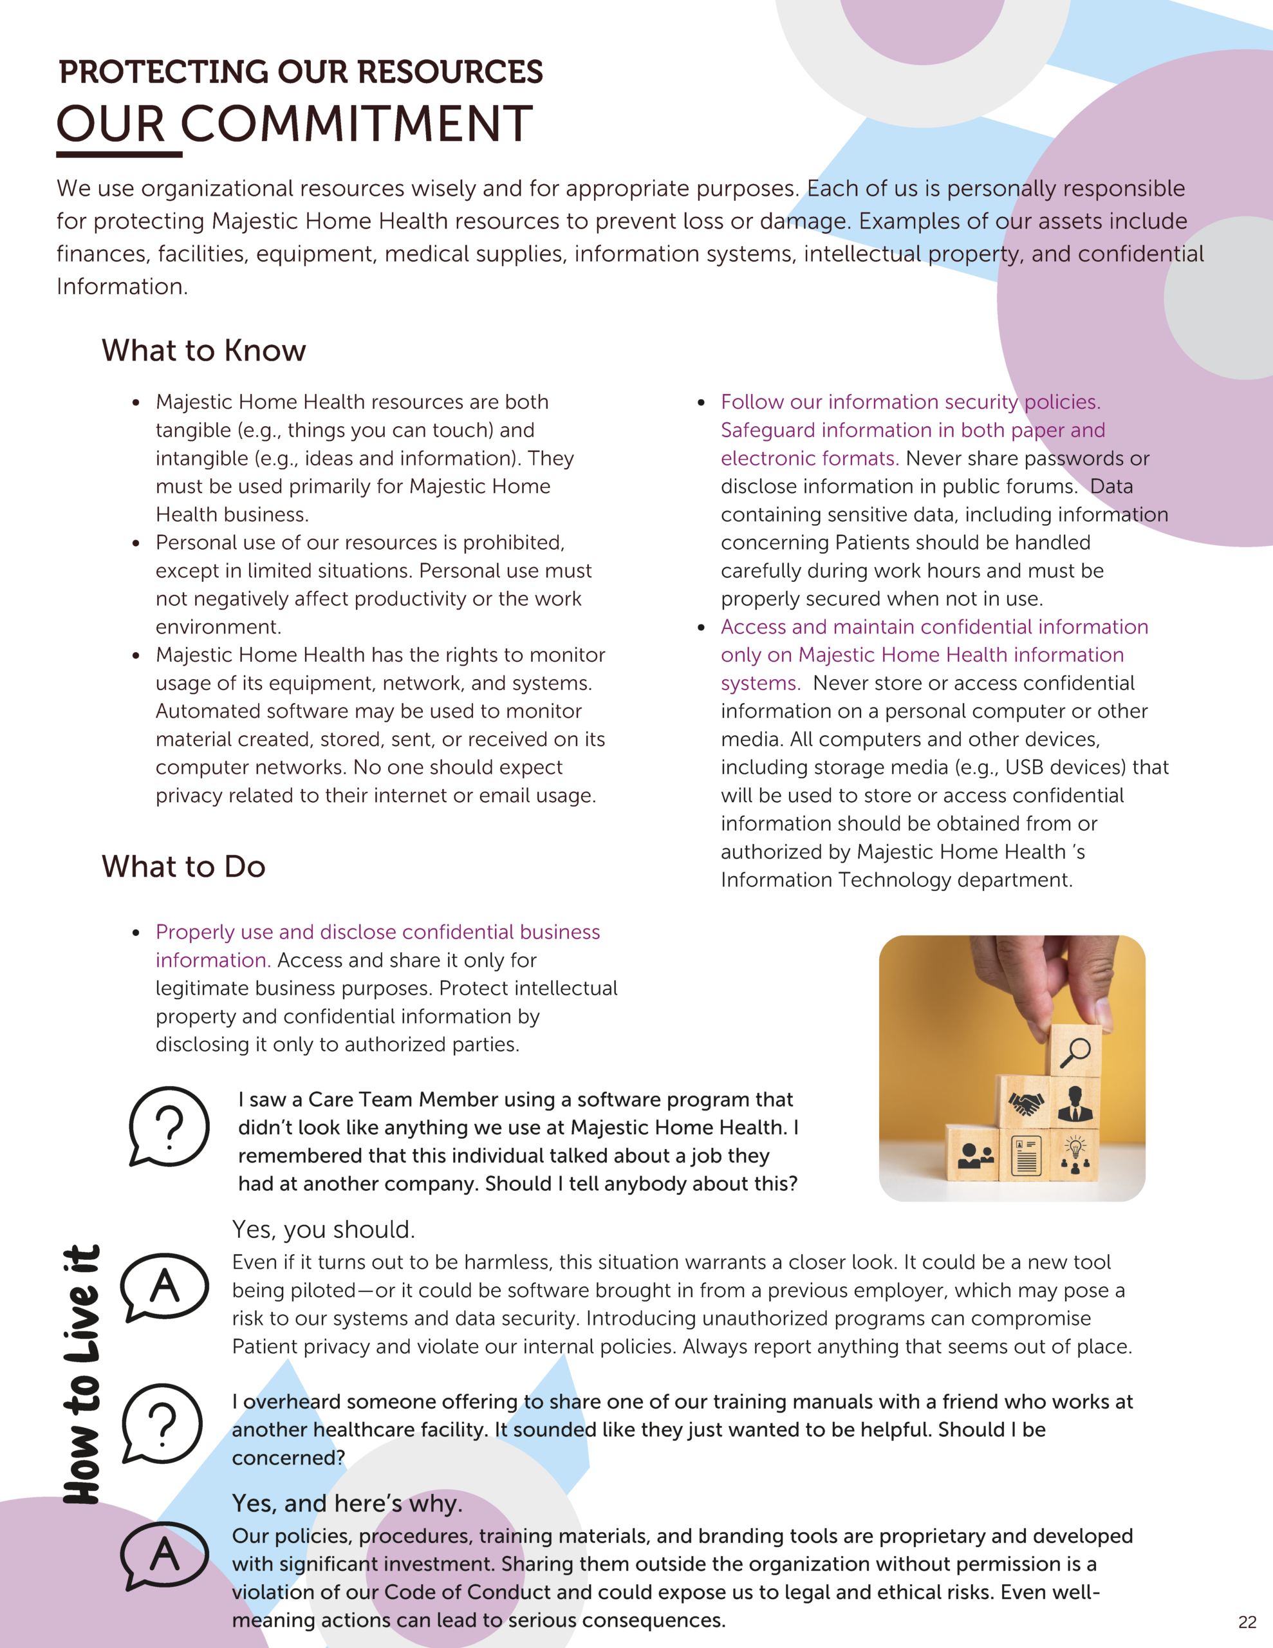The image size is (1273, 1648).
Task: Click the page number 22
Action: tap(1247, 1622)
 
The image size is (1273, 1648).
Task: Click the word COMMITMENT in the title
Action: tap(356, 124)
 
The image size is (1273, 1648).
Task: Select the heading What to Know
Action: tap(204, 350)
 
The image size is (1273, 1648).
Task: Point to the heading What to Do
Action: tap(183, 866)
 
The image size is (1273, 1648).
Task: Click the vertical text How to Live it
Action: tap(82, 1373)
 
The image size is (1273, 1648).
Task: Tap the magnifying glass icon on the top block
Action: tap(1075, 1052)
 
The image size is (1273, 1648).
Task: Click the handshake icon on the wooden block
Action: tap(1025, 1105)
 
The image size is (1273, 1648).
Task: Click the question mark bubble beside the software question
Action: tap(169, 1126)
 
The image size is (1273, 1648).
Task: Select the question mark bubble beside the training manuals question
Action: tap(162, 1423)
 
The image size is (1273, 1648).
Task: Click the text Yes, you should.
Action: tap(323, 1229)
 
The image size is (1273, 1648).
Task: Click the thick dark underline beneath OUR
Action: tap(119, 154)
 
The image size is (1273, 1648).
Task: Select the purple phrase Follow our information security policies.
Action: tap(910, 402)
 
